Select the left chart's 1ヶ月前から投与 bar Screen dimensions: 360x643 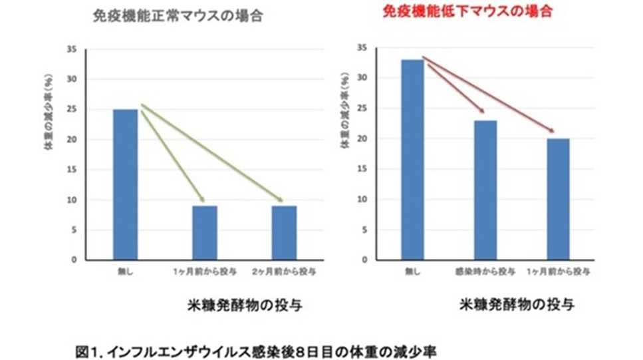[205, 232]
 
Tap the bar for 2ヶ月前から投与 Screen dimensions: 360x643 [284, 232]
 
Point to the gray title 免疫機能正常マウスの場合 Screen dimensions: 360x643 [178, 17]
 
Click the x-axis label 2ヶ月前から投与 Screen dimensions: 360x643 [285, 272]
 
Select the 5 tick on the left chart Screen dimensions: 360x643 [74, 230]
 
